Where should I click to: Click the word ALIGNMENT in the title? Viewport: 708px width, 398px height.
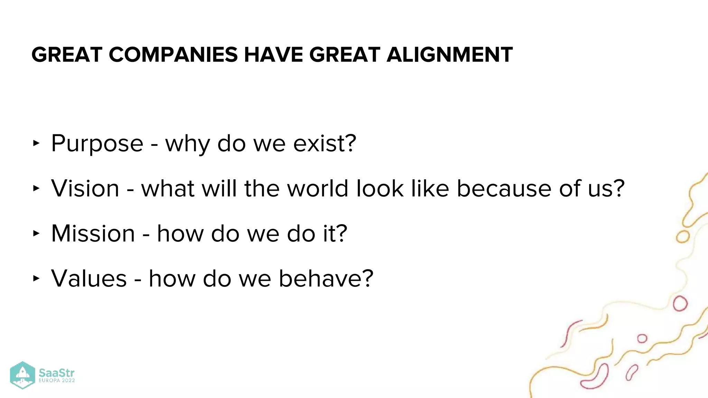(x=449, y=55)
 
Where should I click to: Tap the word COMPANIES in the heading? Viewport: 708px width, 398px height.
(x=173, y=55)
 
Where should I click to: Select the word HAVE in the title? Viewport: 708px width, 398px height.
(x=273, y=55)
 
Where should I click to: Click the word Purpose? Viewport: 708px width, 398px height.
(x=97, y=144)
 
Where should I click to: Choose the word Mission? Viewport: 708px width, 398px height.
(x=93, y=234)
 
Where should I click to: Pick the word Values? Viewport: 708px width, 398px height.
(x=89, y=278)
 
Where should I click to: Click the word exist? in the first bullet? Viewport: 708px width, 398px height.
(x=325, y=143)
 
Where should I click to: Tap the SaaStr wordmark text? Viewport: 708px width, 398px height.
(x=56, y=373)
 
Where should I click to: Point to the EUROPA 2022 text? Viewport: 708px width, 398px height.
(x=57, y=381)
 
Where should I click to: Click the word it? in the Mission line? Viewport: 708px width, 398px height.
(x=335, y=234)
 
